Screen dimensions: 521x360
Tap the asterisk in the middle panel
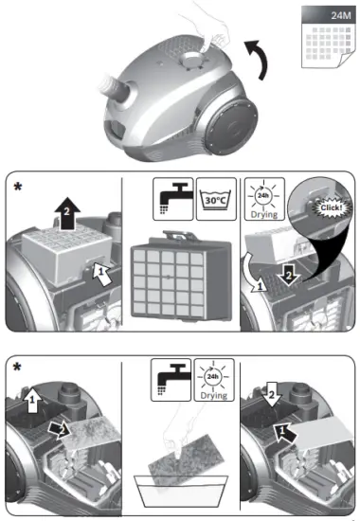tap(17, 188)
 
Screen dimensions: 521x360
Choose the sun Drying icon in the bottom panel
tap(212, 381)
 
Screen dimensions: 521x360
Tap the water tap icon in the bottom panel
tap(169, 383)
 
